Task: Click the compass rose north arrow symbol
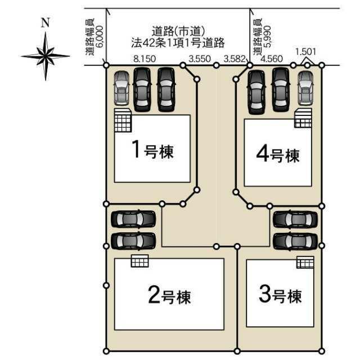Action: point(46,56)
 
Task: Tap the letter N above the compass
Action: point(46,22)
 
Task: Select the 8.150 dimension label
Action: point(145,58)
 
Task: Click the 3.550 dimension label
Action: point(200,58)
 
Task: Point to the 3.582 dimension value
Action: point(235,58)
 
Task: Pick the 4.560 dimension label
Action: point(272,58)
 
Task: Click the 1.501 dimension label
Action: point(305,52)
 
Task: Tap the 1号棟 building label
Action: point(152,150)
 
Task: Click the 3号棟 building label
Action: point(280,295)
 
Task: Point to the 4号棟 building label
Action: point(278,155)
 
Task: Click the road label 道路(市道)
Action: point(178,31)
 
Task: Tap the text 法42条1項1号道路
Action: point(178,43)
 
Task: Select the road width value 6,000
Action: point(101,37)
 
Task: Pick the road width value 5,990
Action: point(268,37)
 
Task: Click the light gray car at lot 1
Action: point(121,88)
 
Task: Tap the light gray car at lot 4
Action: point(305,88)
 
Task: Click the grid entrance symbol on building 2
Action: point(140,261)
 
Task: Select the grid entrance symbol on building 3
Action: point(305,262)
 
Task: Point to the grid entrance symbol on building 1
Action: point(123,120)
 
